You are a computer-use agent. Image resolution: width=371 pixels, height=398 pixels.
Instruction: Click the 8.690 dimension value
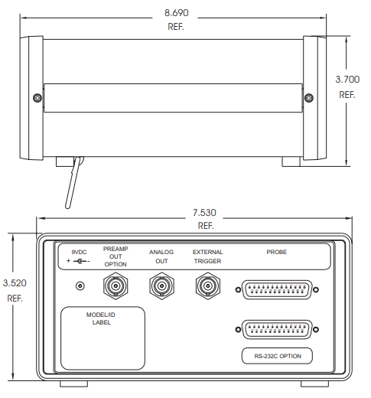(176, 13)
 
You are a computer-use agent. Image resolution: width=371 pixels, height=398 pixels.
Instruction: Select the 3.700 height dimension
(347, 80)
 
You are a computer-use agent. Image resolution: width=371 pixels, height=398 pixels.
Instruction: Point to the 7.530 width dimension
(204, 213)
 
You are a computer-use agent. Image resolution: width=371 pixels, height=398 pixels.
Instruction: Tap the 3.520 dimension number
(15, 283)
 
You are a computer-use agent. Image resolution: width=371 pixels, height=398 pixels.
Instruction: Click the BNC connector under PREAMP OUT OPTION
(116, 285)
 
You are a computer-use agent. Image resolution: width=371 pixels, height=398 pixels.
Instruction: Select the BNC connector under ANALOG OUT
(161, 285)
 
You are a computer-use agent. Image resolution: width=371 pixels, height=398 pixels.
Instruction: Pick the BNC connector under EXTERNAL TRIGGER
(208, 285)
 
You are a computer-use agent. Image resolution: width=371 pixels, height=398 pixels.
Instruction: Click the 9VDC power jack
(80, 285)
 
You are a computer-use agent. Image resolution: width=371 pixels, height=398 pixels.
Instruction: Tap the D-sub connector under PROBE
(277, 289)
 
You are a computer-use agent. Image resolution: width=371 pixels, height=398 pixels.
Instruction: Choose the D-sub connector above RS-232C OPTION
(277, 329)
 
